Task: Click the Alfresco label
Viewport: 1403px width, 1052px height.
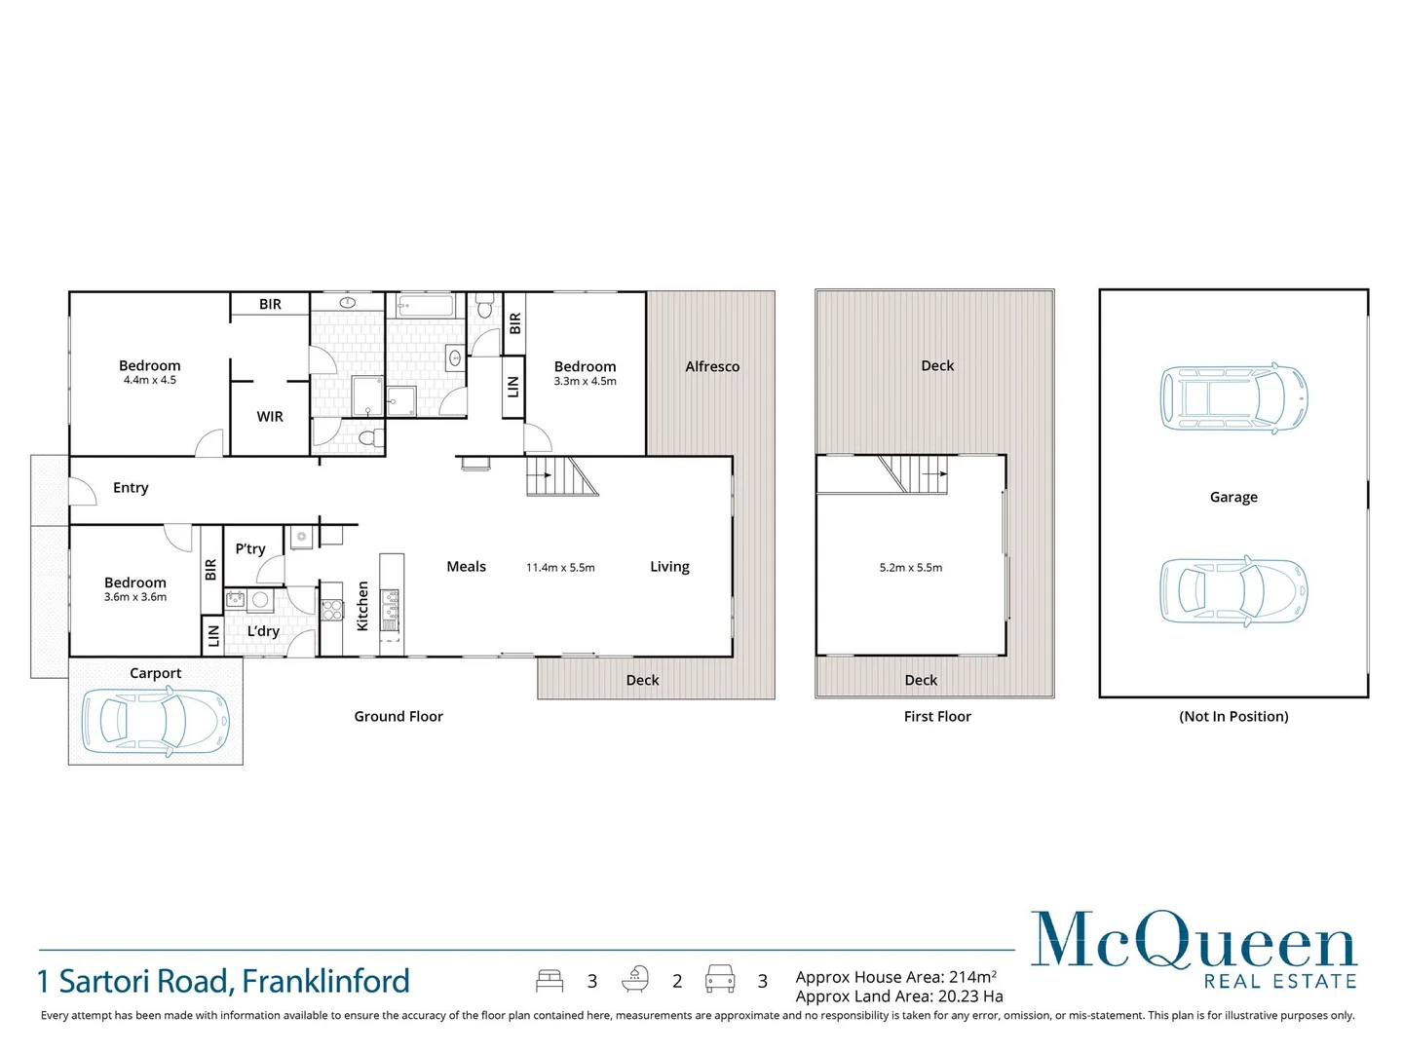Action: pyautogui.click(x=712, y=366)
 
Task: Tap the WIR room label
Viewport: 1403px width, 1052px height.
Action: pyautogui.click(x=270, y=417)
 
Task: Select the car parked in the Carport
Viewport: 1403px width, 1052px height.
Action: pyautogui.click(x=156, y=721)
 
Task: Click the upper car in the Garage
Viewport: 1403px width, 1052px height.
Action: pyautogui.click(x=1233, y=398)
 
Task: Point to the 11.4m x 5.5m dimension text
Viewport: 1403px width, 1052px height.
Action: pyautogui.click(x=560, y=568)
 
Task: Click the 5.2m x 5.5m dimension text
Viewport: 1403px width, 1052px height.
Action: pyautogui.click(x=911, y=568)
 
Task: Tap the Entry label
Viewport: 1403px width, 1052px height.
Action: pyautogui.click(x=131, y=488)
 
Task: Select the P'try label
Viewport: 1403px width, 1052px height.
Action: pyautogui.click(x=250, y=549)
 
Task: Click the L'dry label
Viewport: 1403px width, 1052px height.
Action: pyautogui.click(x=263, y=631)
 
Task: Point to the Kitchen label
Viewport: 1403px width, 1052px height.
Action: pyautogui.click(x=362, y=606)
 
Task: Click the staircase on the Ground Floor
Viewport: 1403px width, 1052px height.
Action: pyautogui.click(x=561, y=476)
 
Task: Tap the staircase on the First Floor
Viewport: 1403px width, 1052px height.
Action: pyautogui.click(x=913, y=474)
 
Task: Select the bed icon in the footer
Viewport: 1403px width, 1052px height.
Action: pyautogui.click(x=550, y=980)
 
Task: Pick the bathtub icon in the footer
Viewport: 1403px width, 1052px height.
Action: pyautogui.click(x=635, y=979)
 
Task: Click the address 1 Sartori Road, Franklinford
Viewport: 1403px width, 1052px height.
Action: pyautogui.click(x=223, y=981)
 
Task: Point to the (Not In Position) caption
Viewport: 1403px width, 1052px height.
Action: pyautogui.click(x=1233, y=717)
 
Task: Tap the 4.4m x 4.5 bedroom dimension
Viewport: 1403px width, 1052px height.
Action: pyautogui.click(x=150, y=381)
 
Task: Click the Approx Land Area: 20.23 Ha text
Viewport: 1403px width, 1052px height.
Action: pyautogui.click(x=898, y=996)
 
